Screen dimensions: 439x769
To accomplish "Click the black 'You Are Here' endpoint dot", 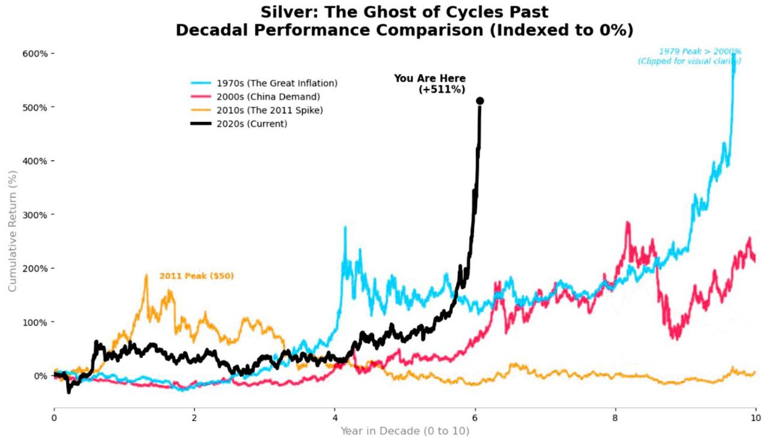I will (480, 101).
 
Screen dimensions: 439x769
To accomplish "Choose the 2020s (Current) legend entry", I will (252, 124).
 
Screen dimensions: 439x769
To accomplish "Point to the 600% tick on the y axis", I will (35, 53).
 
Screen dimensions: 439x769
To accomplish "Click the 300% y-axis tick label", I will (35, 214).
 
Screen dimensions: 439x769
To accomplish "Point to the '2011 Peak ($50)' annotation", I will (196, 276).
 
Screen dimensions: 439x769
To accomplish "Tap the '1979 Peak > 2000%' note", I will (700, 52).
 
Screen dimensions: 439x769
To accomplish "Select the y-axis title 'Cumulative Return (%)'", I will (12, 231).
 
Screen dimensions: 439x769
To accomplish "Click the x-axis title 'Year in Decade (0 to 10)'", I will (405, 431).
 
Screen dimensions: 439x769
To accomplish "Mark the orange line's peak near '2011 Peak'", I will (146, 275).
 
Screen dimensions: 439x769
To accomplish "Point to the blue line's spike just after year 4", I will (345, 227).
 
